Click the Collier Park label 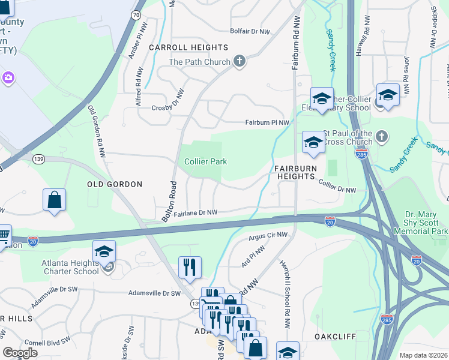(x=205, y=161)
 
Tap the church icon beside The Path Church (x=240, y=62)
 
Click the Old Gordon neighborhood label (x=115, y=184)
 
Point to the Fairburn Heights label (x=295, y=173)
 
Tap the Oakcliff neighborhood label (x=335, y=337)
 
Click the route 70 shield (x=136, y=14)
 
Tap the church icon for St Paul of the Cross (x=381, y=137)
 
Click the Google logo (x=20, y=353)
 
